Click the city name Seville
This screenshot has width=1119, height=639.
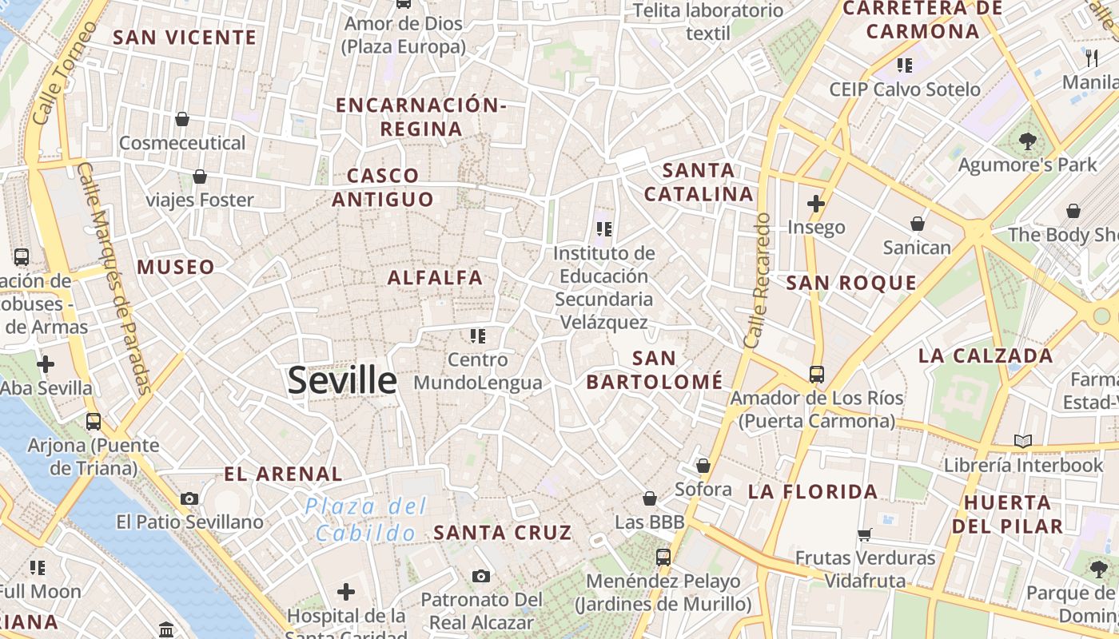342,380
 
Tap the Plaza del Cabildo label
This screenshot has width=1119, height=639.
366,519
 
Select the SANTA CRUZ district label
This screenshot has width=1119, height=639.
503,532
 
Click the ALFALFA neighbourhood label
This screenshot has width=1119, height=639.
435,278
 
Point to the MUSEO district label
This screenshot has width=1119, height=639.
176,267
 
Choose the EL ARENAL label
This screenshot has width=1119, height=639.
283,474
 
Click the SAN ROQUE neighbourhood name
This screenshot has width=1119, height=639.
850,283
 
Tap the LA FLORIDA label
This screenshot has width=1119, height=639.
813,491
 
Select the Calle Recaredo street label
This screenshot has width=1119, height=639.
756,280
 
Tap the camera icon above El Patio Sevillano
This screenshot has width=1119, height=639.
189,499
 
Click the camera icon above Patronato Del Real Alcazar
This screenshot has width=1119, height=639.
480,576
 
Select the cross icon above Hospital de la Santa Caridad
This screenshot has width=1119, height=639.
345,592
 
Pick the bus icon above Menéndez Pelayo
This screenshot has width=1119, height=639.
663,557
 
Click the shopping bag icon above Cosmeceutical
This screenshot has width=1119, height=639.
182,120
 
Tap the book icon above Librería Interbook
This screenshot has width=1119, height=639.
1022,441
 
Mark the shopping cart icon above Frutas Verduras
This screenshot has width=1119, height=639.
864,534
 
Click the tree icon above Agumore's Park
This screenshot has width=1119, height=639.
1027,142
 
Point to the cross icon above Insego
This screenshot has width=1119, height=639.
815,204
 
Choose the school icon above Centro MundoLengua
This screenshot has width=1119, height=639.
478,335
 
